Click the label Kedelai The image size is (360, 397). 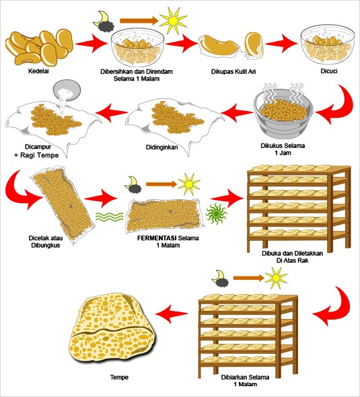[38, 71]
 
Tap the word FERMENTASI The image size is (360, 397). [157, 238]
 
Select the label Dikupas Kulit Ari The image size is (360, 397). [233, 71]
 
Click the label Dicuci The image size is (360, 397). [329, 71]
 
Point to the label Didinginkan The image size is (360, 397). [161, 147]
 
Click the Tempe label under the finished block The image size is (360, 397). [119, 377]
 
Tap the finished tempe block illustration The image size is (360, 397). [112, 330]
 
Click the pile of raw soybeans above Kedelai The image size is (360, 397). [39, 47]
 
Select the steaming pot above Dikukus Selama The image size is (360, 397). [283, 112]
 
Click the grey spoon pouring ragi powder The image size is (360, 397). [67, 90]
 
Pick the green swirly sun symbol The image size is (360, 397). [216, 214]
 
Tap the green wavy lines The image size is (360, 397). [110, 217]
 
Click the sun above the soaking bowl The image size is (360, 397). [174, 21]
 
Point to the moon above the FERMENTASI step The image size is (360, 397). [133, 185]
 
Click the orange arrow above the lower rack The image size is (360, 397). [249, 279]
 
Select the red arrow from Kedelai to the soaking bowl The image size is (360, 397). [92, 44]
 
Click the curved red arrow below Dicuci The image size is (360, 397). [338, 106]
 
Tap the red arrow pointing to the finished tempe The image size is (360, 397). [172, 314]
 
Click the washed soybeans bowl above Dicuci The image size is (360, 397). [328, 46]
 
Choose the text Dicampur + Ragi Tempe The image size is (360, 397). [37, 151]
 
